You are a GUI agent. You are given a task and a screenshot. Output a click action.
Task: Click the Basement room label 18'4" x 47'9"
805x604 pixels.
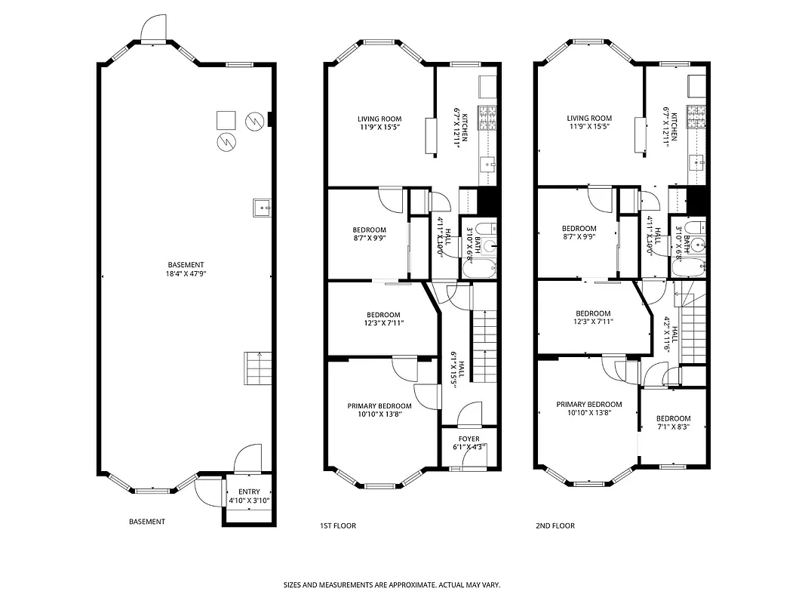pos(186,270)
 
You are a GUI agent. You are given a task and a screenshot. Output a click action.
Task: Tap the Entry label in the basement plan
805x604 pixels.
pos(249,496)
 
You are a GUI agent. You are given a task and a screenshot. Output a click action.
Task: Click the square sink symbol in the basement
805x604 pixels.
pos(262,206)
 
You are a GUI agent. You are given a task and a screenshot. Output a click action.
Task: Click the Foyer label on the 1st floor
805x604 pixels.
pos(469,442)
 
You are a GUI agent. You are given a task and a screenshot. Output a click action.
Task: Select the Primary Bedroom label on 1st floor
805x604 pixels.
pos(379,409)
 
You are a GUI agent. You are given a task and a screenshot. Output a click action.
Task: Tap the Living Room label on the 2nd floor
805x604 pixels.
pos(589,122)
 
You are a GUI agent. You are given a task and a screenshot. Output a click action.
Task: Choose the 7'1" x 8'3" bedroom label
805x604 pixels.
pos(673,423)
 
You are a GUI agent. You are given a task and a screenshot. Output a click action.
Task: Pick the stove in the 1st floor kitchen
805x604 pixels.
pos(487,117)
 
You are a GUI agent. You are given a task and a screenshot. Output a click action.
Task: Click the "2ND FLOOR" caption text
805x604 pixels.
pos(555,525)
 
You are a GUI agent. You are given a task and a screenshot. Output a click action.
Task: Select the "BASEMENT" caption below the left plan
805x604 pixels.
pos(147,522)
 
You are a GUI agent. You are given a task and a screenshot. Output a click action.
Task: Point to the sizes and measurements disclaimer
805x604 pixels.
pos(392,584)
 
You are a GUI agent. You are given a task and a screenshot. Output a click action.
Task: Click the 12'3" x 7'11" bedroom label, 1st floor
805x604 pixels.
pos(385,319)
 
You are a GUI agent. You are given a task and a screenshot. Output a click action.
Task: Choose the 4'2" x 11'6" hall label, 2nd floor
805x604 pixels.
pos(671,330)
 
